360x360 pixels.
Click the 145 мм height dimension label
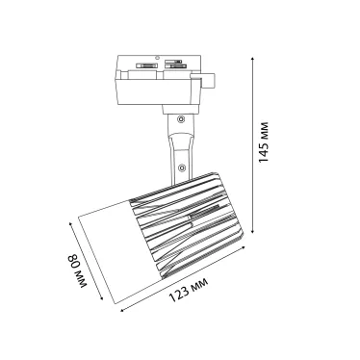click(x=264, y=141)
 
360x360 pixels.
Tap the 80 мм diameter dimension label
click(x=77, y=270)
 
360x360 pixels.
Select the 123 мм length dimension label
click(x=189, y=290)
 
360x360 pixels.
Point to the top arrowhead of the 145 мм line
click(x=253, y=59)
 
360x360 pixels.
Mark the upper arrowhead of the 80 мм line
click(x=71, y=223)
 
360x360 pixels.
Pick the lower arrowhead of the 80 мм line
click(x=101, y=298)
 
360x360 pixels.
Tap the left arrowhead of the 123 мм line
click(x=122, y=310)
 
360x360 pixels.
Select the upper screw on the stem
click(x=181, y=119)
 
